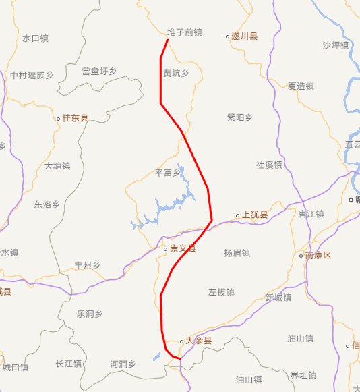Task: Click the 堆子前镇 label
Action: click(184, 32)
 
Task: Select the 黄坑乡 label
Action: click(176, 73)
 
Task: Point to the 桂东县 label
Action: click(75, 118)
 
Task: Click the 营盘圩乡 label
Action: click(99, 71)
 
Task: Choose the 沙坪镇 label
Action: click(335, 45)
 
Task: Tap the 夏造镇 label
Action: click(301, 86)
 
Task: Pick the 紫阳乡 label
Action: click(240, 117)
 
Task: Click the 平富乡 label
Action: click(169, 173)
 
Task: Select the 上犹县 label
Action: click(255, 215)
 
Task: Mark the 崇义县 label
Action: click(182, 248)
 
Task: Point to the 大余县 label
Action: click(199, 341)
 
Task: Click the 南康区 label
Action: click(318, 256)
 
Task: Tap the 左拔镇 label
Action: click(221, 292)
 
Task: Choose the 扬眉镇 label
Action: click(237, 253)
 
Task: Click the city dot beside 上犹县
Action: click(237, 216)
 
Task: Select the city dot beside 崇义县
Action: click(165, 249)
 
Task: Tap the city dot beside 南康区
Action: click(301, 256)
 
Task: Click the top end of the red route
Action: click(167, 40)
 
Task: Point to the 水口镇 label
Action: click(35, 38)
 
